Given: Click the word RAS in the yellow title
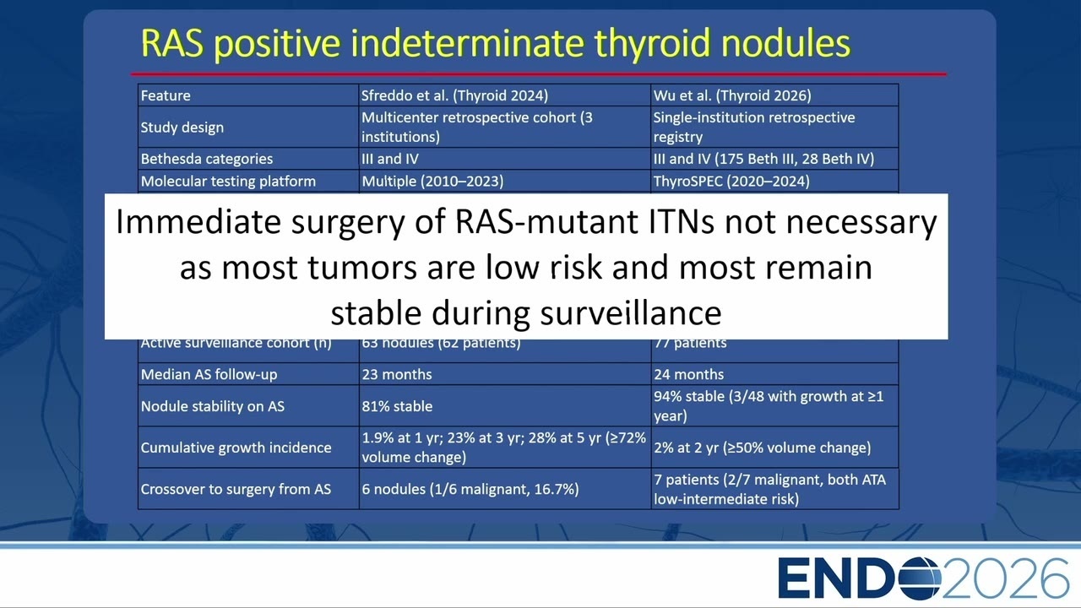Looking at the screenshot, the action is click(x=171, y=43).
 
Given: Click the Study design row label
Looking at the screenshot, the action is click(x=182, y=128).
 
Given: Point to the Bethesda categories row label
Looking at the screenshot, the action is click(x=207, y=159).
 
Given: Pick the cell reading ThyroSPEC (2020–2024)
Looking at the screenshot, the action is click(x=731, y=182).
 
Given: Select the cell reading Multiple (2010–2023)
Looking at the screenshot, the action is click(x=432, y=182).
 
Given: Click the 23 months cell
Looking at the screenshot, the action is click(x=397, y=374).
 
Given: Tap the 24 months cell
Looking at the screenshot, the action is click(x=688, y=374).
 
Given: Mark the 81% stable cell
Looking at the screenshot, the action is click(x=397, y=406).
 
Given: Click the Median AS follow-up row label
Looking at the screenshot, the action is click(x=209, y=374).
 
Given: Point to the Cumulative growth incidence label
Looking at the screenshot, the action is click(x=236, y=448).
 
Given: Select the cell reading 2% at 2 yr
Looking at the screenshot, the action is click(x=762, y=448).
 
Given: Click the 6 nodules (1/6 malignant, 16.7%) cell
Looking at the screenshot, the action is click(x=470, y=489).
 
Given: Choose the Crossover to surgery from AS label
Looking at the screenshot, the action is click(x=236, y=489).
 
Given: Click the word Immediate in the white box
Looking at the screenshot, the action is click(x=198, y=222).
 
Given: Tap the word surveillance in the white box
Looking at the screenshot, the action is click(x=630, y=313).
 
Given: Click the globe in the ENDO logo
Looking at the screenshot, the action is click(x=918, y=578).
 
